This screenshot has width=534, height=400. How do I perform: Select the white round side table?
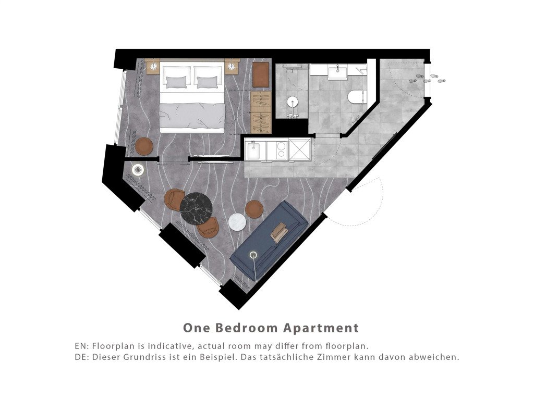(x=237, y=222)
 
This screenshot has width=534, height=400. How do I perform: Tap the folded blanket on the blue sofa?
(x=280, y=232)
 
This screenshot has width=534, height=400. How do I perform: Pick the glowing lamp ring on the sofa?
(x=253, y=255)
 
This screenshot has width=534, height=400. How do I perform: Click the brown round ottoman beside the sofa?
(x=254, y=209)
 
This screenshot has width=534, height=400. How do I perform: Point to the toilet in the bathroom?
(x=356, y=96)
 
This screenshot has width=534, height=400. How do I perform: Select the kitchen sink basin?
(x=253, y=151)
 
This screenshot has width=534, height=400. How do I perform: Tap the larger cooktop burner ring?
(x=281, y=146)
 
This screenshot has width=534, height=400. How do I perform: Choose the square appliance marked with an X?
(x=299, y=149)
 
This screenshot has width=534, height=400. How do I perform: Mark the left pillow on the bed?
(x=176, y=82)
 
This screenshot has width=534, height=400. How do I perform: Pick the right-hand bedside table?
(x=232, y=67)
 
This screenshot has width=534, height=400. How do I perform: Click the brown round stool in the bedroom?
(x=144, y=146)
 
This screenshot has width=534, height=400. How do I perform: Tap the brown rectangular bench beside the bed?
(x=261, y=74)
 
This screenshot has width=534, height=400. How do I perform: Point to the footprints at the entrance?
(x=430, y=79)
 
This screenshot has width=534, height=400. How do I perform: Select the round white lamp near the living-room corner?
(x=138, y=169)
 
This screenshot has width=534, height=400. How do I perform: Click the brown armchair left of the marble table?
(x=174, y=199)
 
